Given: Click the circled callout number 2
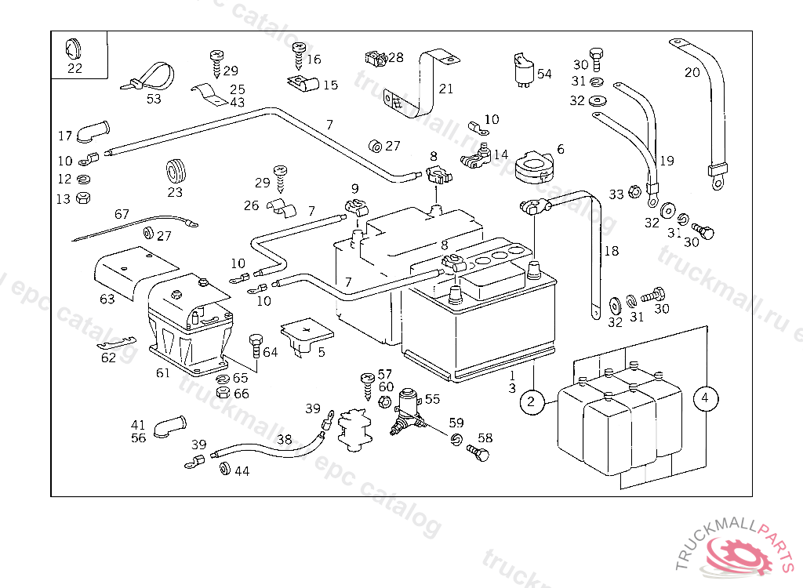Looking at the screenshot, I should [x=532, y=401].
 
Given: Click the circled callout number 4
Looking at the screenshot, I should [x=705, y=398].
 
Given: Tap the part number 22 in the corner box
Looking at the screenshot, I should [x=74, y=68].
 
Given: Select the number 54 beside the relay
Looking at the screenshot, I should [x=544, y=74].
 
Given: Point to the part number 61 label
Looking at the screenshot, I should [x=162, y=373].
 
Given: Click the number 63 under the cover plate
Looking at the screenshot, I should [x=107, y=299].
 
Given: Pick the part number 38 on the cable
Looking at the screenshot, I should [x=284, y=439].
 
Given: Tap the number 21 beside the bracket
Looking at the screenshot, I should [x=445, y=89].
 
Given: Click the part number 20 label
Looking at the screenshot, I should [x=692, y=73].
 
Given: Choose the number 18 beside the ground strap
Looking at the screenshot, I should [x=612, y=251].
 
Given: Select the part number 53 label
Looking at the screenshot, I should [x=154, y=99].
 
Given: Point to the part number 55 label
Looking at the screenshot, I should [x=432, y=399].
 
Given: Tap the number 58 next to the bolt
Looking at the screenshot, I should [x=485, y=438].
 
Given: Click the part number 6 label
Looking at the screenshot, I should [x=560, y=149].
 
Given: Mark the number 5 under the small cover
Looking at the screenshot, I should [x=321, y=352].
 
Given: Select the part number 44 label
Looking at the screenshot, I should [x=242, y=471].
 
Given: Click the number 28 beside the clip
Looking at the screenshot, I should [x=395, y=57].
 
